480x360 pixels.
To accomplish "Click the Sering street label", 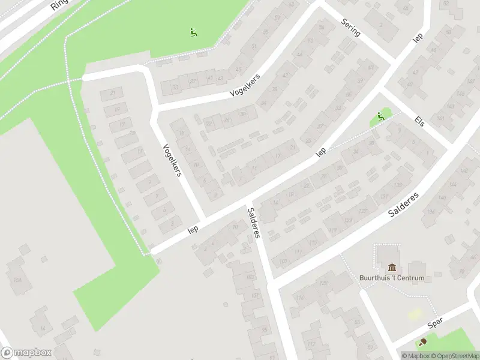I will click(350, 27).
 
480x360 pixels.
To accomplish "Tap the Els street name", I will click(419, 121).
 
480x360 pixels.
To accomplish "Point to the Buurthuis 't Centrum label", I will click(392, 278).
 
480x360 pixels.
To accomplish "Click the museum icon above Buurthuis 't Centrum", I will click(392, 267).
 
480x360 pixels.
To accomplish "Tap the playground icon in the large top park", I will click(193, 32).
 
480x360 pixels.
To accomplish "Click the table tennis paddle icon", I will click(423, 342).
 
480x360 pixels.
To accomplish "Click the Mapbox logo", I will click(26, 353).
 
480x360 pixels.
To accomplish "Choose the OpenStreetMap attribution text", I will click(454, 356).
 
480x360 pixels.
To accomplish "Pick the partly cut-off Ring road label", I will click(59, 5).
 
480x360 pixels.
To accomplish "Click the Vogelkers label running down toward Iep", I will click(172, 161).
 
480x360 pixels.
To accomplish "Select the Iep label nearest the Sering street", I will click(418, 37).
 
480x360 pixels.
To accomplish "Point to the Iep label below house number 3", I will click(193, 229).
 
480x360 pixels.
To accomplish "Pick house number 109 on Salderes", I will click(283, 260).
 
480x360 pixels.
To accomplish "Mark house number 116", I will click(299, 298).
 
